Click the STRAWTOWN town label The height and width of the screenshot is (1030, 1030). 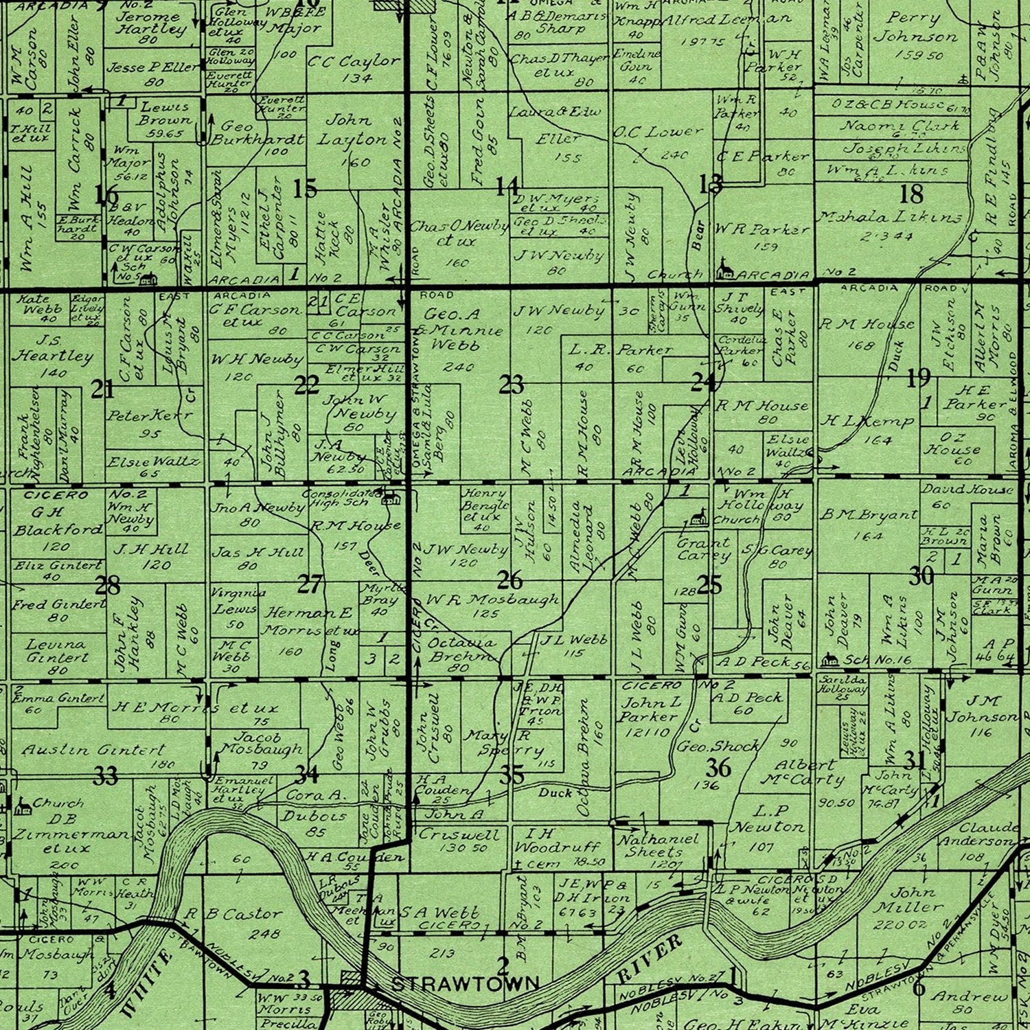click(x=465, y=984)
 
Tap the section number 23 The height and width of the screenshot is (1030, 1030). click(x=511, y=385)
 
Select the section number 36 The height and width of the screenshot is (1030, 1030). click(x=718, y=766)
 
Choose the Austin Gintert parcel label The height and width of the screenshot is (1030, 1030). click(x=93, y=750)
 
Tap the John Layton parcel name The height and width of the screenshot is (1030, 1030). click(x=351, y=130)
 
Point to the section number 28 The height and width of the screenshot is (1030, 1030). click(x=107, y=586)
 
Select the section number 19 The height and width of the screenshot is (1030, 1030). click(x=918, y=377)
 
